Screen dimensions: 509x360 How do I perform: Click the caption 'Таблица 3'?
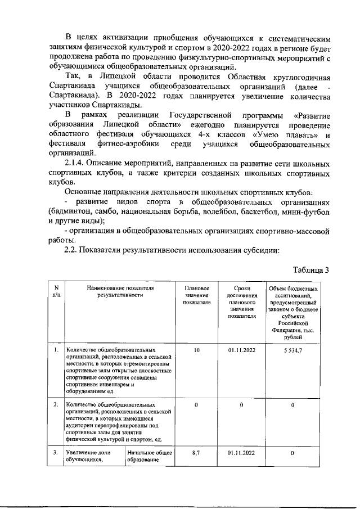[308, 269]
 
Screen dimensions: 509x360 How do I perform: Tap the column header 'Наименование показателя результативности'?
[120, 291]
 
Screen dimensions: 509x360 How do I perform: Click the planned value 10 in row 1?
[197, 350]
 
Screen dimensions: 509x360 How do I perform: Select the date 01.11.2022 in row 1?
[242, 350]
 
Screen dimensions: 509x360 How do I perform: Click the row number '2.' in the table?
[56, 404]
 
